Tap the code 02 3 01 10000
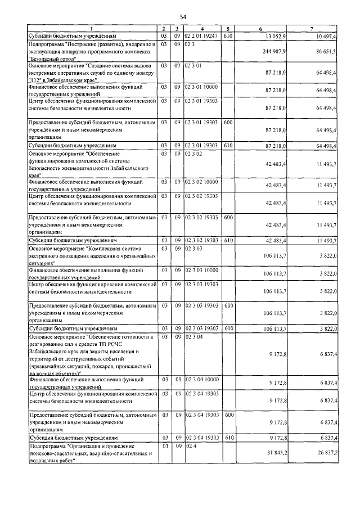[x=201, y=87]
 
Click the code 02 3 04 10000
[x=201, y=380]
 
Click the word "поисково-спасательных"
[x=56, y=453]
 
